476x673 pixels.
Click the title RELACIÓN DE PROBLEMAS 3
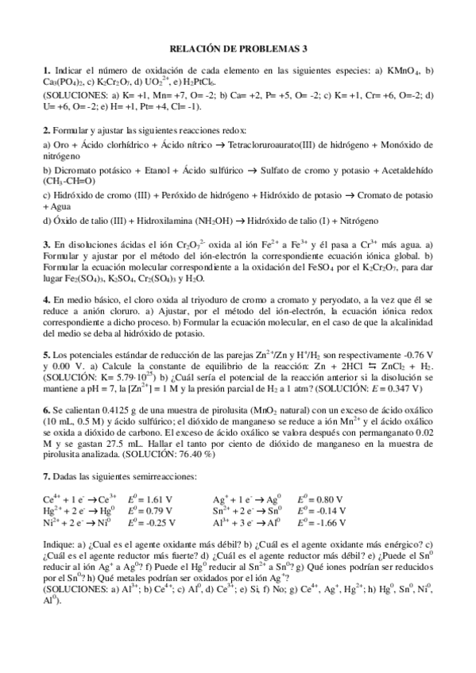(238, 48)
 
